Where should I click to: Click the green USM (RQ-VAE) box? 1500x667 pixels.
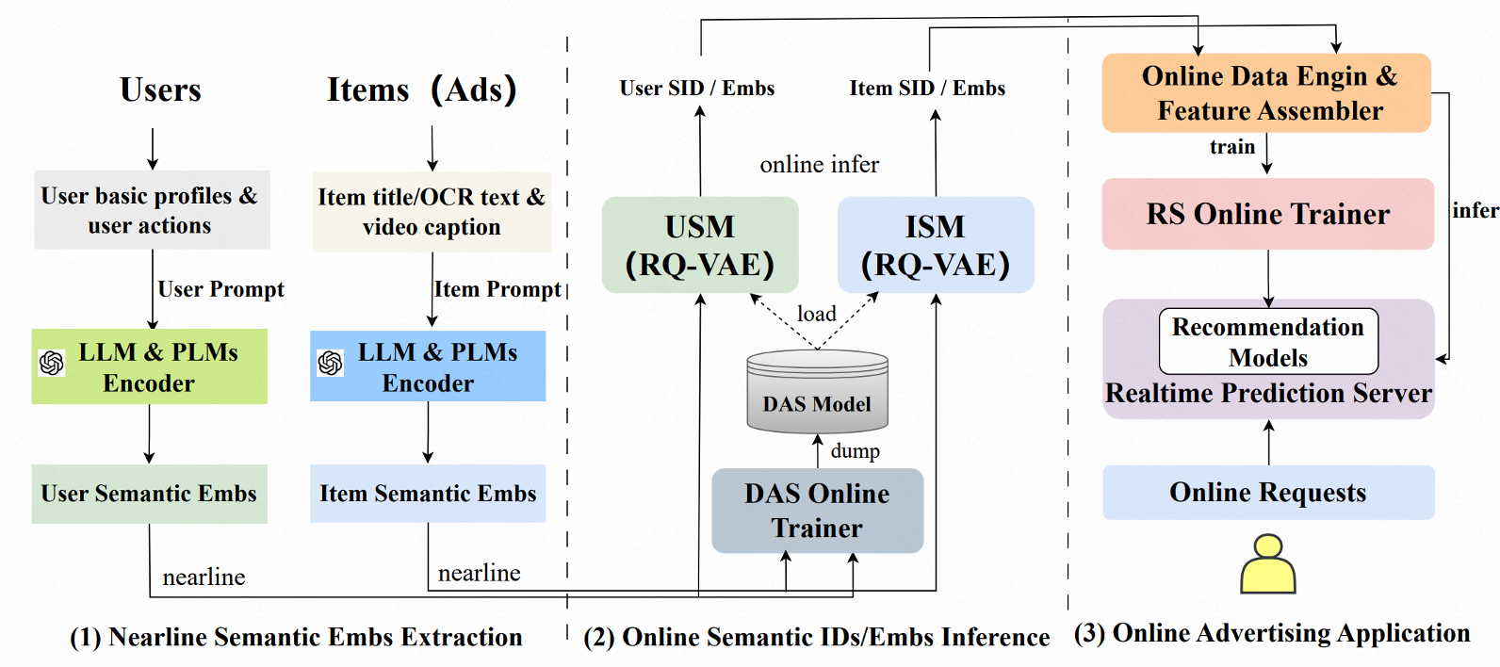tap(700, 245)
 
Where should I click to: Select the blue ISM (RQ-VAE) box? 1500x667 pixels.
tap(936, 245)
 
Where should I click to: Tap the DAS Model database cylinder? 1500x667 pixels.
tap(817, 392)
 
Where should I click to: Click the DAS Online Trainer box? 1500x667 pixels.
tap(817, 511)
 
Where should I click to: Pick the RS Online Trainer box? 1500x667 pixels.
tap(1267, 214)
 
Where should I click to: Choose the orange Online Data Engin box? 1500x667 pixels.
tap(1266, 92)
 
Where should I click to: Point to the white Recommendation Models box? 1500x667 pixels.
tap(1268, 341)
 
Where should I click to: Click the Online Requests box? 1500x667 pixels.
tap(1268, 492)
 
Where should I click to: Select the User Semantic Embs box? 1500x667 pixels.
tap(149, 494)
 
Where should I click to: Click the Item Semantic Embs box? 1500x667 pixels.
tap(428, 494)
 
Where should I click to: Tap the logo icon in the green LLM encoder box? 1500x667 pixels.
tap(52, 363)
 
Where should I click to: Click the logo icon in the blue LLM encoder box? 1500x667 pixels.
tap(331, 363)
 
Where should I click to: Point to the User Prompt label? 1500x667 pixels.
tap(220, 289)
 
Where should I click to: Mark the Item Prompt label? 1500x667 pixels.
tap(497, 289)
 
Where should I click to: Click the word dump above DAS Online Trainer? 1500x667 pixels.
tap(855, 451)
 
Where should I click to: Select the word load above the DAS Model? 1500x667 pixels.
tap(816, 314)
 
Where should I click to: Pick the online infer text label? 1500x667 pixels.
tap(819, 165)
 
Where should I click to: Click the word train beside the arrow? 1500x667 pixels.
tap(1232, 147)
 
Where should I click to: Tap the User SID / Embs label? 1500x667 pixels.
tap(696, 89)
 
